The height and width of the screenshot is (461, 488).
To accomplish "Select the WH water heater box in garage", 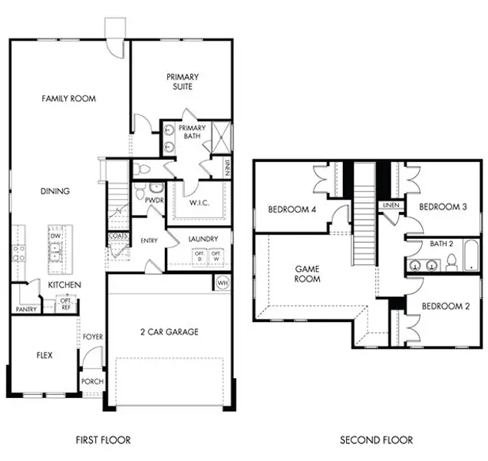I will coord(223,283).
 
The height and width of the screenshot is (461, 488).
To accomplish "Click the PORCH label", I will coord(92,382).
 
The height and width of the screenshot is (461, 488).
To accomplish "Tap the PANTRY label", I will coord(26,309).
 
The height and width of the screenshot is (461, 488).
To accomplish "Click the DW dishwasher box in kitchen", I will coord(55,236).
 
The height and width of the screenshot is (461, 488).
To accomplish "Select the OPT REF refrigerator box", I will coord(66,303).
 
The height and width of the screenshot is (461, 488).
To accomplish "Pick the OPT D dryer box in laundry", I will coord(199,256).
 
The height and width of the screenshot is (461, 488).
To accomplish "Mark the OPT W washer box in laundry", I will coord(217,256).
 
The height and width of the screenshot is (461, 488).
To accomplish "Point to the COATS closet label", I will coord(117,237).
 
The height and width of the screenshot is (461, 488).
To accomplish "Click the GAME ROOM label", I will coord(308,274).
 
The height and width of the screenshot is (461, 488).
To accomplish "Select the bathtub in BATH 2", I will coord(470,256).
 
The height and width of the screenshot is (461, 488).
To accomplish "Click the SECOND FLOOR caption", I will coord(376,440).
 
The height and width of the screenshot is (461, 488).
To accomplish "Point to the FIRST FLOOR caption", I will coord(103,440).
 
